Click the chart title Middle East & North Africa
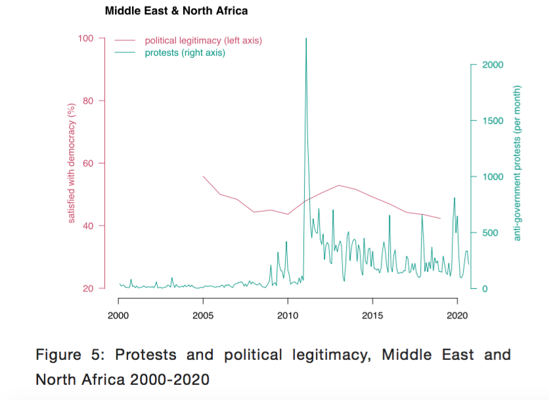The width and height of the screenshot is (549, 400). [176, 11]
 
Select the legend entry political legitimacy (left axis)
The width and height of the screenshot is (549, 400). [203, 41]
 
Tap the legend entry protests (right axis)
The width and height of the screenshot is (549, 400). [185, 53]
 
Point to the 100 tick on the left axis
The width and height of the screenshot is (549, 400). [87, 38]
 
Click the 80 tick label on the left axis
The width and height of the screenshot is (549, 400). [89, 100]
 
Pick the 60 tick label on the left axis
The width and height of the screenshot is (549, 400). [89, 164]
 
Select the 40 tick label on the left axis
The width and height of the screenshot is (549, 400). [89, 226]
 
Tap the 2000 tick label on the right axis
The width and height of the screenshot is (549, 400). [493, 65]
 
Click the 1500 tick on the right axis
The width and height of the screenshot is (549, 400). [493, 121]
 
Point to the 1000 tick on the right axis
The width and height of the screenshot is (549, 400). [493, 177]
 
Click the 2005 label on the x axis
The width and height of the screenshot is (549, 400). [203, 315]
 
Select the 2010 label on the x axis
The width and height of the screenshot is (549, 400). [288, 315]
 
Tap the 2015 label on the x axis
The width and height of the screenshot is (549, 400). [372, 315]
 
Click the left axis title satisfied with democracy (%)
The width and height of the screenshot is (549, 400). [73, 164]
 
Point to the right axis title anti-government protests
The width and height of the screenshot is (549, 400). [517, 163]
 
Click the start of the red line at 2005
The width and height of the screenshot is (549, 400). [203, 176]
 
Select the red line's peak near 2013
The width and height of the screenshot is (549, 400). [338, 185]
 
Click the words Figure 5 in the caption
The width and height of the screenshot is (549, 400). [68, 355]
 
